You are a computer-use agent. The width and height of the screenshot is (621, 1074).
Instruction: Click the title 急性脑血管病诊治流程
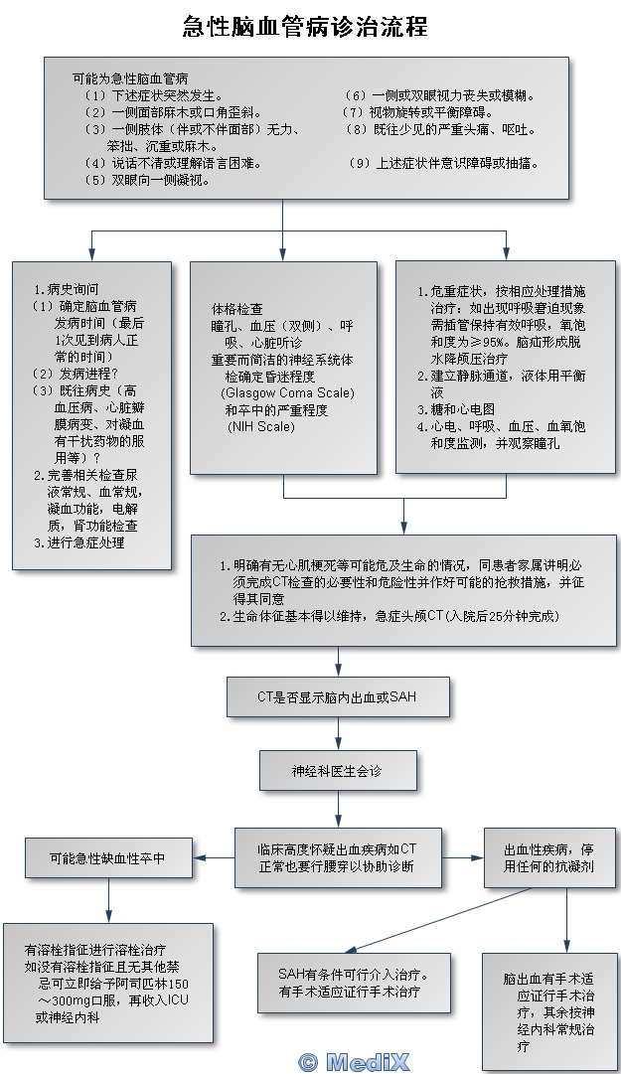point(305,27)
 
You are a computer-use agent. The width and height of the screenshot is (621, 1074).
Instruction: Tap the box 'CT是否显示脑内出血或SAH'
point(337,696)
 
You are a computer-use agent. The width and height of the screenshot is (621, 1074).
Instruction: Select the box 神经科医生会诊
point(338,770)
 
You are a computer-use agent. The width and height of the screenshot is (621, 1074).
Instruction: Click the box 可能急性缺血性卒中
point(108,857)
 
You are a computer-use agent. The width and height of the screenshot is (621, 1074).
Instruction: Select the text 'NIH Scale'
point(261,426)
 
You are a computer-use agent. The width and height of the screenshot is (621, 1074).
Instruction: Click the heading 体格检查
point(237,309)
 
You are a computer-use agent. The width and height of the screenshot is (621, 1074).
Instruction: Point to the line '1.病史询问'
point(67,289)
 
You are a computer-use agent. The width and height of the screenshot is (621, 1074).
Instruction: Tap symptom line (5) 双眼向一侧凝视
point(147,180)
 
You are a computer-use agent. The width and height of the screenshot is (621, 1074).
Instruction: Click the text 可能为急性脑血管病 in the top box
point(130,77)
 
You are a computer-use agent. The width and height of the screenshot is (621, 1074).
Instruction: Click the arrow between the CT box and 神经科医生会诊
point(338,733)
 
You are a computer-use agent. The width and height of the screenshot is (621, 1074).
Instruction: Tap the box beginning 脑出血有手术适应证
point(548,1011)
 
